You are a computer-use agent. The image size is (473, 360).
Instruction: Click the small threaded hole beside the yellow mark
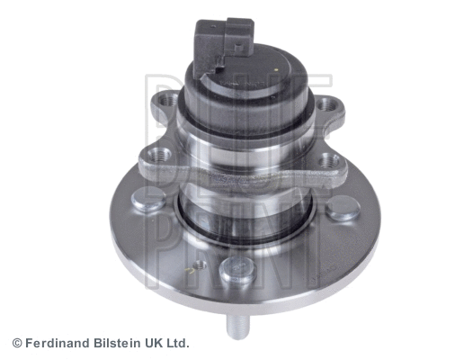click(x=200, y=265)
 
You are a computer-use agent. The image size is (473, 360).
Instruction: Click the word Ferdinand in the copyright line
click(x=55, y=344)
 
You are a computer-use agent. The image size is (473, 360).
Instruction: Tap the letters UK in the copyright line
click(x=151, y=344)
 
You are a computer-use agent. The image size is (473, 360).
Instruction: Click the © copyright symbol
click(x=16, y=344)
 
